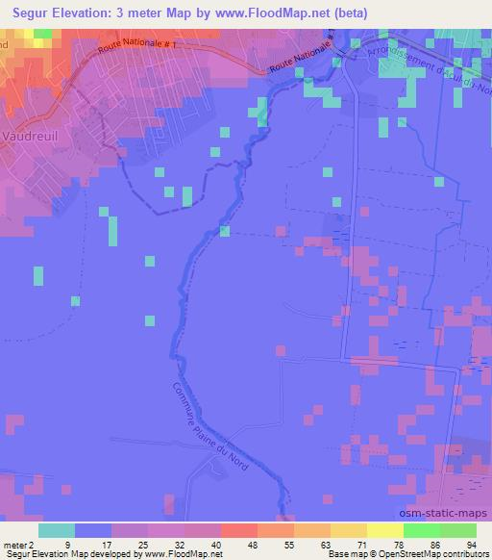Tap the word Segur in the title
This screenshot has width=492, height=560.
click(26, 11)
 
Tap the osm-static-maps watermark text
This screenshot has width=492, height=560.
click(446, 513)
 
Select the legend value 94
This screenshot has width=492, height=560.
click(470, 544)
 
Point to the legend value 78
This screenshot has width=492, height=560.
click(398, 544)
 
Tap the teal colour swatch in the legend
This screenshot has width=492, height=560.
click(57, 530)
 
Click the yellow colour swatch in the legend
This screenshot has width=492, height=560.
click(348, 530)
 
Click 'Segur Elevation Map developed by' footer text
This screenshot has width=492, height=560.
click(67, 554)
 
